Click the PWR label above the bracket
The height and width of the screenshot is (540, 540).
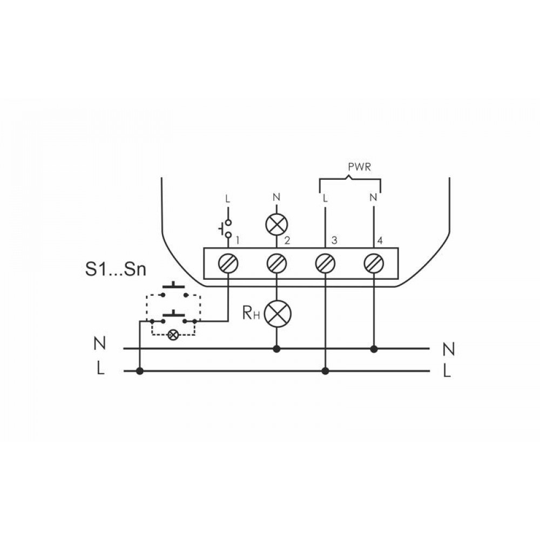[x=359, y=167]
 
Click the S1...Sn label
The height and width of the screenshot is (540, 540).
[x=116, y=269]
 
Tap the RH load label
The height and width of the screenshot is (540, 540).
[x=251, y=313]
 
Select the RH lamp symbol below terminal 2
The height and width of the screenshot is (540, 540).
[x=277, y=314]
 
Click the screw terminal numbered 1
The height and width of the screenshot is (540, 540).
[x=228, y=264]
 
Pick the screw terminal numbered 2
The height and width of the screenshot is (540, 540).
[x=277, y=264]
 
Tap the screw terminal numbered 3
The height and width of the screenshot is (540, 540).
[x=326, y=264]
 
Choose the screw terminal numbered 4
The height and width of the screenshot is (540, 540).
[x=374, y=264]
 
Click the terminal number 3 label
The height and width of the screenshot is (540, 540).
[x=334, y=240]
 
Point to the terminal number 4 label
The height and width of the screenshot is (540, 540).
[x=380, y=240]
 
